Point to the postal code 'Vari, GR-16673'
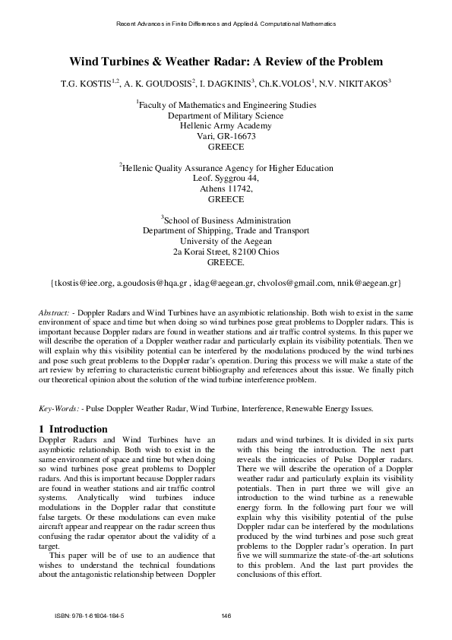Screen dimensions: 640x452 [226, 136]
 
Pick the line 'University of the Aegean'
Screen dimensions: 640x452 [226, 241]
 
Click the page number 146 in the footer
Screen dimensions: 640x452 [226, 616]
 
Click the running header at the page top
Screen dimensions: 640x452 [226, 24]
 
